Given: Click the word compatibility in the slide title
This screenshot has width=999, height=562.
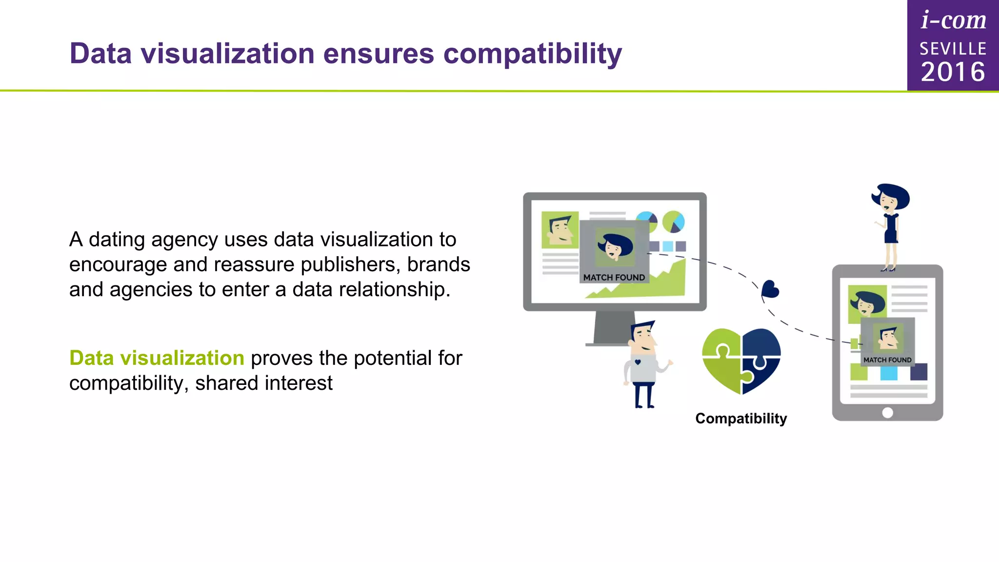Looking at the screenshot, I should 532,54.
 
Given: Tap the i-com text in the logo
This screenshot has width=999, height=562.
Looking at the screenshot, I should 953,20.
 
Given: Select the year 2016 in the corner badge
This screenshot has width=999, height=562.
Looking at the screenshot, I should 953,72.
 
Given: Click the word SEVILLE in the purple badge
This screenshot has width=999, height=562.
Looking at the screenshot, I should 953,49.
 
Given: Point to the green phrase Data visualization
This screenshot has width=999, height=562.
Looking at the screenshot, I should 157,358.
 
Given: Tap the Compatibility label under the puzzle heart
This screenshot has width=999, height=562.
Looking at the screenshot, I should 741,419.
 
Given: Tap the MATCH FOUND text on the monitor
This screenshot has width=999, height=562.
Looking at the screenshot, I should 614,278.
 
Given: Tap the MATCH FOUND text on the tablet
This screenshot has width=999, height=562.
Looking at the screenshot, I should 887,360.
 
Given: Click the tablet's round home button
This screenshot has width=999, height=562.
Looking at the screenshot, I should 888,413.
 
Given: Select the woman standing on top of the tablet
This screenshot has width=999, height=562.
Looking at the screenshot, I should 891,224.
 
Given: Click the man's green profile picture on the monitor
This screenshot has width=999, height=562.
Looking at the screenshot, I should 559,230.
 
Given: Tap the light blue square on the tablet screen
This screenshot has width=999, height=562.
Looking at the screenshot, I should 888,373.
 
